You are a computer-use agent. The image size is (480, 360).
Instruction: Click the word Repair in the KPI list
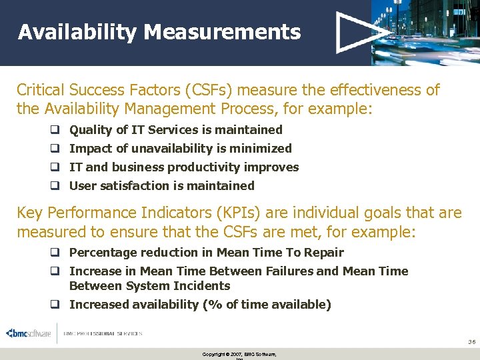[x=325, y=253]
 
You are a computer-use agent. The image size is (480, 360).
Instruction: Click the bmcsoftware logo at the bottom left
[x=29, y=333]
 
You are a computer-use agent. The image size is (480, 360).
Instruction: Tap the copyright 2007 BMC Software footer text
[x=239, y=353]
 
